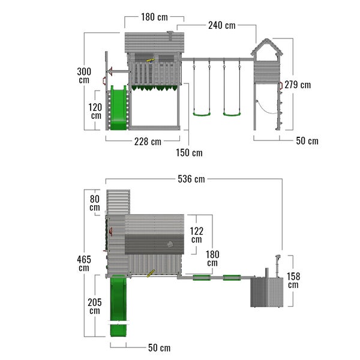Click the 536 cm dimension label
[x=191, y=179]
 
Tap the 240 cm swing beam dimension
[x=222, y=25]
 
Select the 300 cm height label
[x=84, y=76]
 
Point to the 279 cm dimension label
[x=298, y=85]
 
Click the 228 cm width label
[x=148, y=142]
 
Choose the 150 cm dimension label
[x=189, y=153]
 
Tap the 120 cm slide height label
[x=95, y=112]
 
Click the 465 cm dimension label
[x=84, y=263]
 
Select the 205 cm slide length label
[x=95, y=306]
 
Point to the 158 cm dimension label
[x=293, y=280]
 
